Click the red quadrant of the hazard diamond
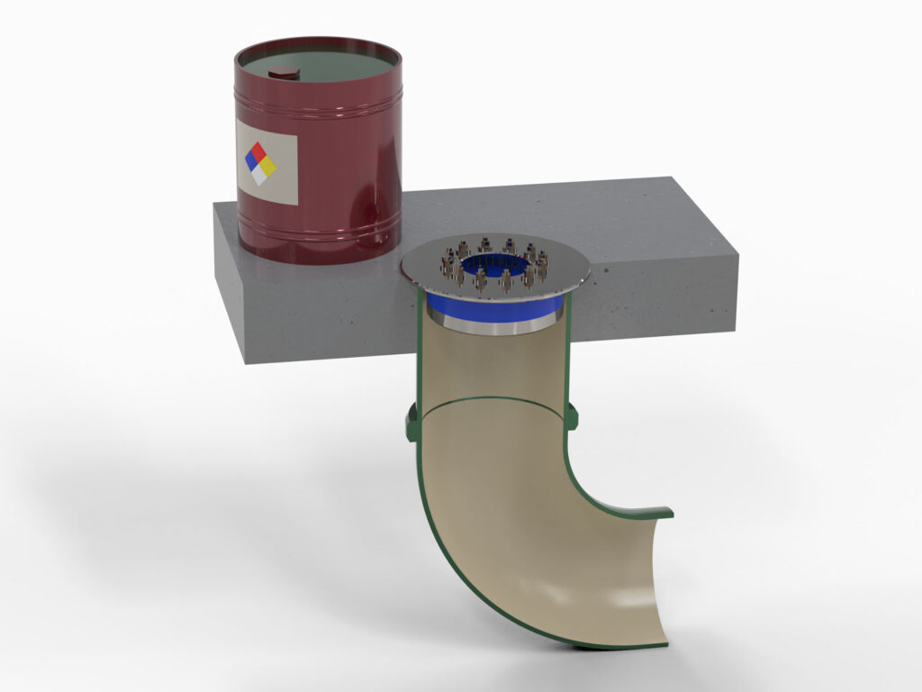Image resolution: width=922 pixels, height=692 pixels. [260, 150]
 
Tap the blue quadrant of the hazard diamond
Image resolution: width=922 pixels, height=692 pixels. [251, 159]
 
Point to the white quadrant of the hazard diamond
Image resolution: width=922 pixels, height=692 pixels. [260, 176]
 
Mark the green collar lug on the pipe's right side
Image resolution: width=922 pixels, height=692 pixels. [573, 415]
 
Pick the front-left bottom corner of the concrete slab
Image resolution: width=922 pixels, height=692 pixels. [246, 362]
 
